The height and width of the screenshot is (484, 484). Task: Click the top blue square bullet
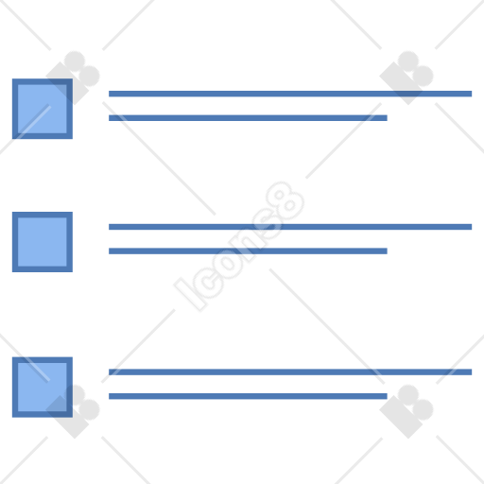(43, 109)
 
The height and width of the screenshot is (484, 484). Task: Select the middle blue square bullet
(43, 242)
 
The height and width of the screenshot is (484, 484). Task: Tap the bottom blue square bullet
(43, 388)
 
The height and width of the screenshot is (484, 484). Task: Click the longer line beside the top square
(290, 94)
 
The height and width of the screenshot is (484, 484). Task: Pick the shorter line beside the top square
(248, 118)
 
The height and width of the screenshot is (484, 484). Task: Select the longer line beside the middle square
(290, 227)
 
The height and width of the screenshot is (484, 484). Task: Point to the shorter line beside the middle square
(248, 251)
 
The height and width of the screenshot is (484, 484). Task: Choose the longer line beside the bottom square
(290, 372)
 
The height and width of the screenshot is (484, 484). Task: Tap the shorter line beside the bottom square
(248, 396)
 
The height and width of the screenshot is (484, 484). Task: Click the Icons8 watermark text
(239, 247)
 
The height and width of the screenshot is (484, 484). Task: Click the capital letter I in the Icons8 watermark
(190, 295)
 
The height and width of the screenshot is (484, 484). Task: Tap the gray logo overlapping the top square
(73, 78)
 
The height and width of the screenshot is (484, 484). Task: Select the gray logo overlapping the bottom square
(73, 411)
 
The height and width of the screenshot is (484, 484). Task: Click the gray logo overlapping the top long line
(406, 78)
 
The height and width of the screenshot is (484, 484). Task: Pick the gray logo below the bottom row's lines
(406, 411)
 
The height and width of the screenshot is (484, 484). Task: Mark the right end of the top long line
(472, 94)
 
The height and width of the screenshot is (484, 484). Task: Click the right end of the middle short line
(387, 251)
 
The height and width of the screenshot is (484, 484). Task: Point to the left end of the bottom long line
(110, 372)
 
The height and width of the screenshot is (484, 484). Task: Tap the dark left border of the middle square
(15, 242)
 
